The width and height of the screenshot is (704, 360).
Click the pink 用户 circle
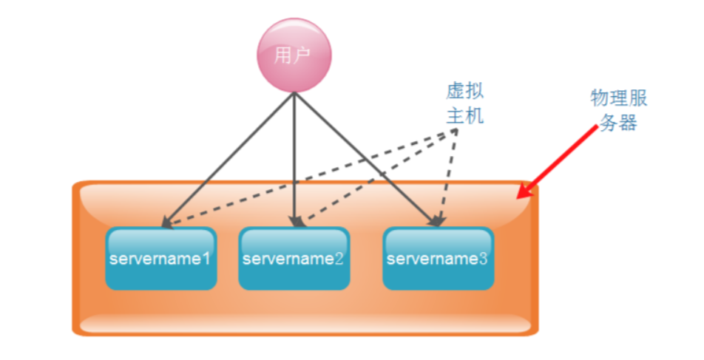point(294,55)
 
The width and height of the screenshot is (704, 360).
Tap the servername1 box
point(160,259)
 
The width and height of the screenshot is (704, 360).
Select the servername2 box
point(294,259)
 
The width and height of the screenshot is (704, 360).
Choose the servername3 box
point(438,259)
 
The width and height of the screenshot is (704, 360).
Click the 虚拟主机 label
point(465,103)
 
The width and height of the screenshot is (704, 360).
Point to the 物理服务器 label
point(618,110)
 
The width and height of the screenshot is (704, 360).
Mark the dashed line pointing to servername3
point(448,177)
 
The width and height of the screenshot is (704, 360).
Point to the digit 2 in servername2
point(339,259)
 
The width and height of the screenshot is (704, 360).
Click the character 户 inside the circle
point(303,55)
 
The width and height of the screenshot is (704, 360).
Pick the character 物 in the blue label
point(600,98)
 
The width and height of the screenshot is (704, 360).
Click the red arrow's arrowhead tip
point(518,199)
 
